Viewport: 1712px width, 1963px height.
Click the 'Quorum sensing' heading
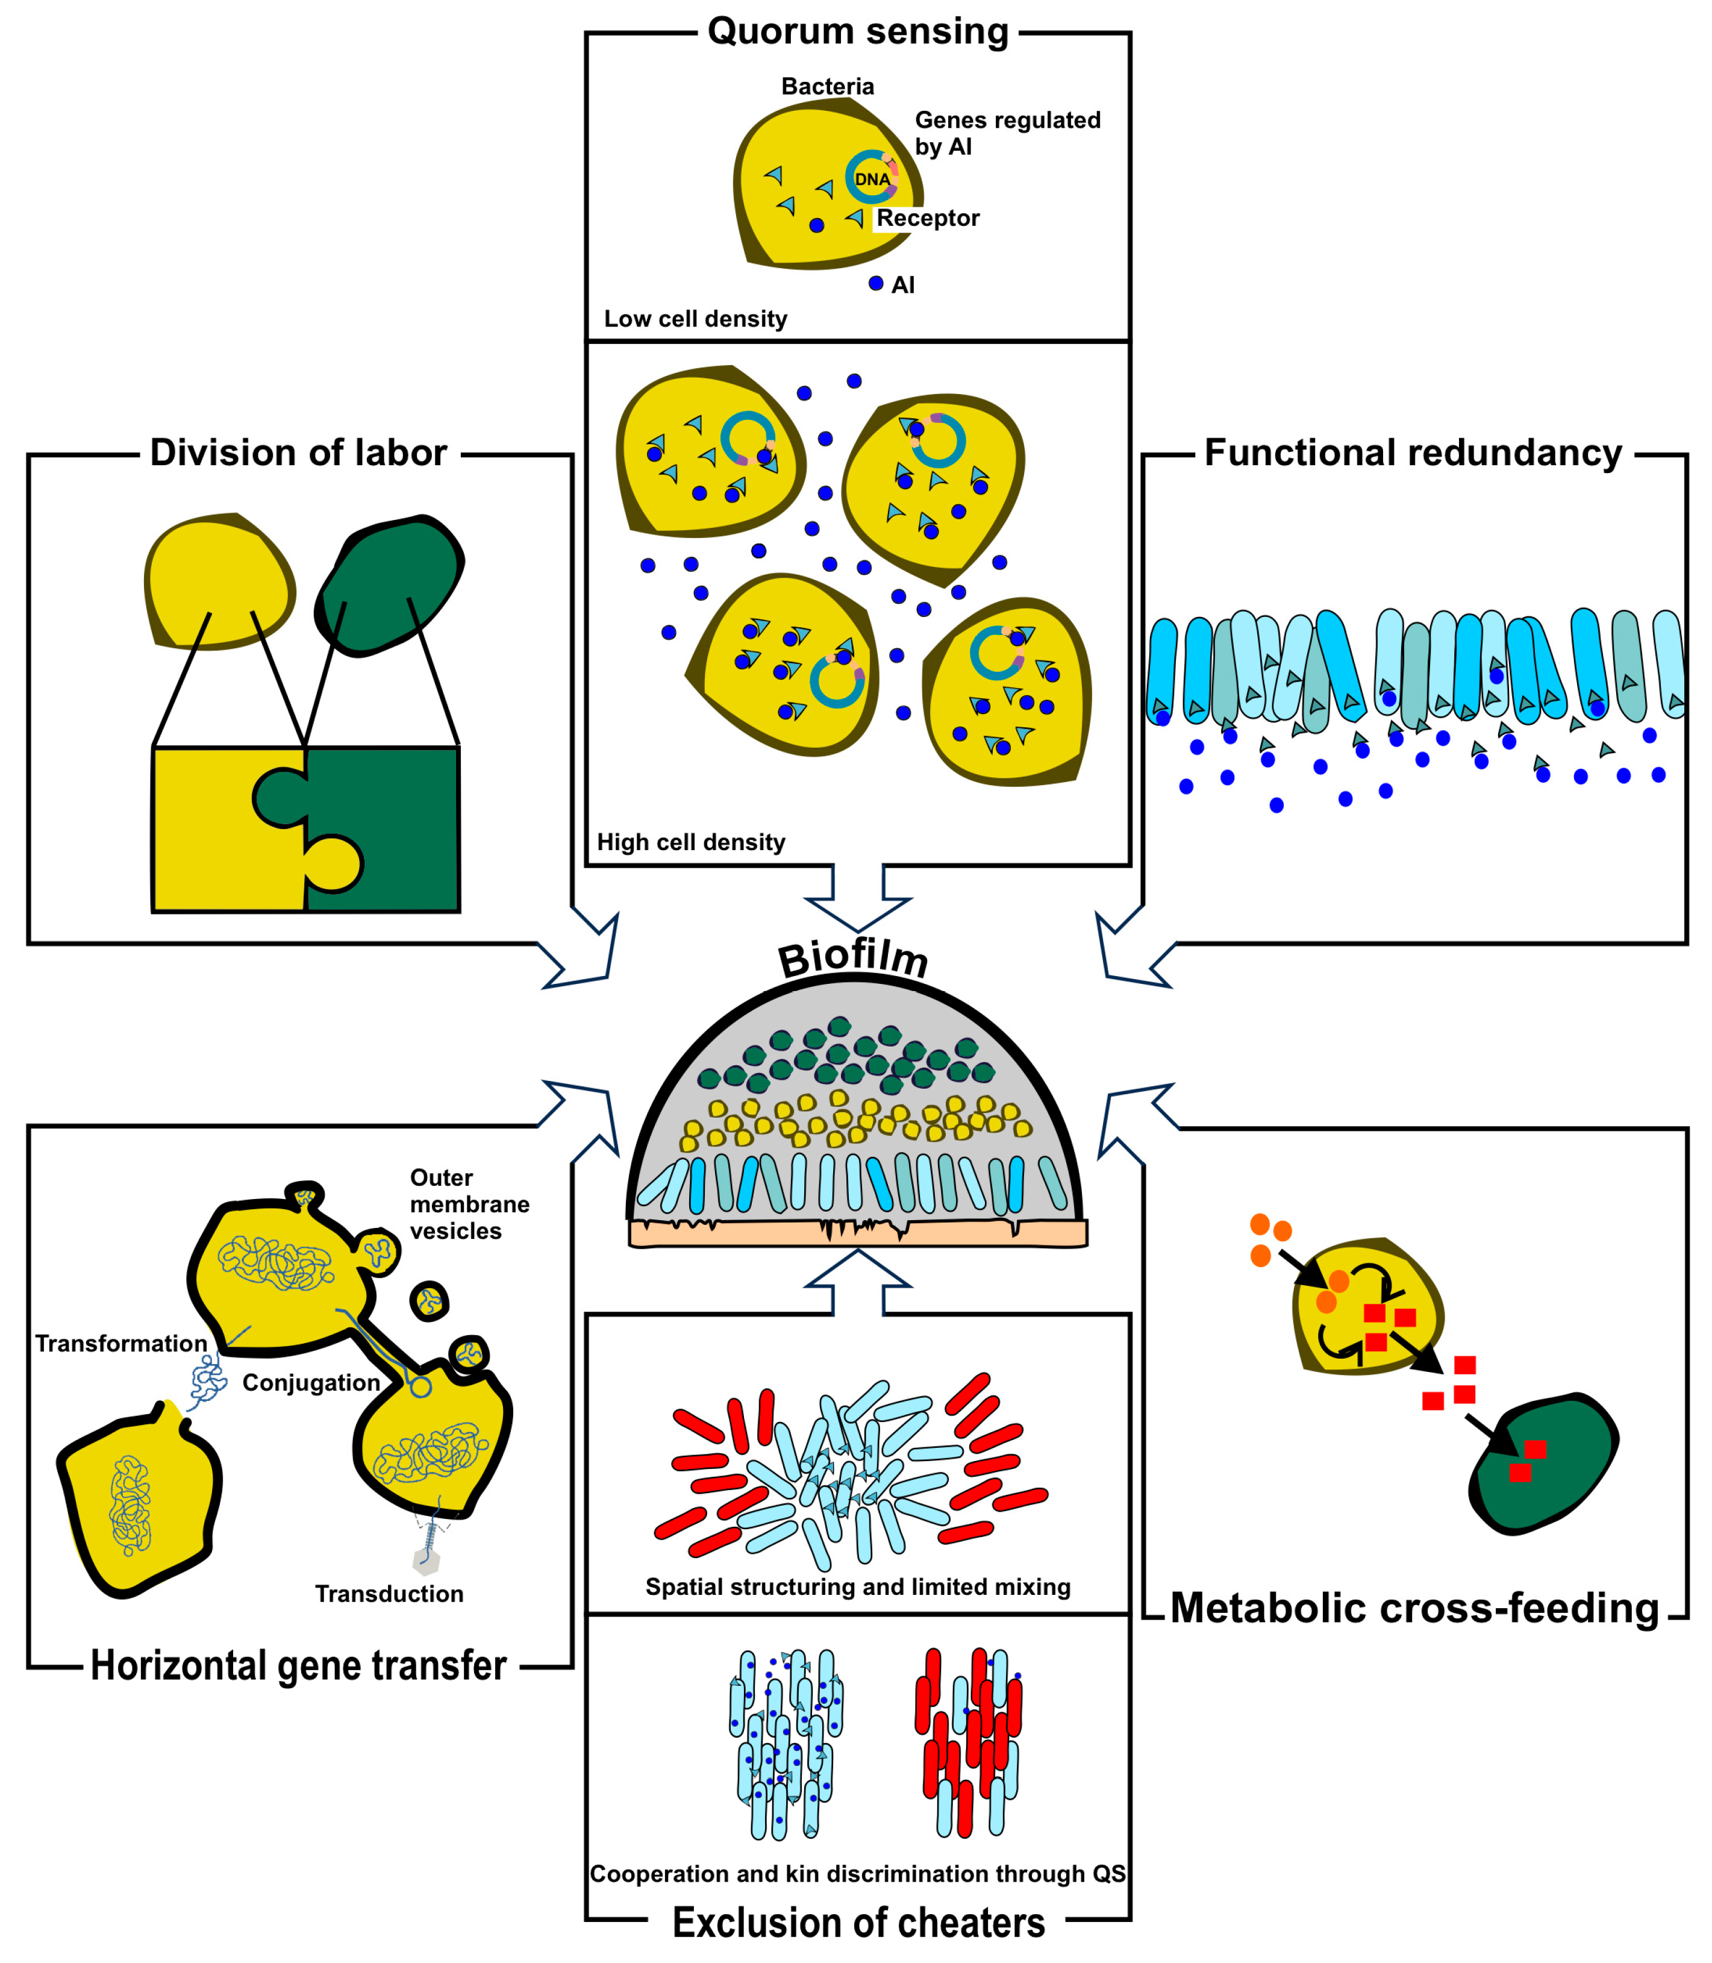858,31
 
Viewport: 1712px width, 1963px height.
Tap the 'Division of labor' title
298,453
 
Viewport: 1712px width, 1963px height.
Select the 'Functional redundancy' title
1413,453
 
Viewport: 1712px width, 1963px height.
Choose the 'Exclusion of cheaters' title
858,1922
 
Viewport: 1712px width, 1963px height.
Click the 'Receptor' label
928,219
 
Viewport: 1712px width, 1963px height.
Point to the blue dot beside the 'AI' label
876,284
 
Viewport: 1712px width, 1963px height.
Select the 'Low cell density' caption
696,319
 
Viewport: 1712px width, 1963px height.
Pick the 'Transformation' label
121,1344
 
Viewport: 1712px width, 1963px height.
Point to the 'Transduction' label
390,1594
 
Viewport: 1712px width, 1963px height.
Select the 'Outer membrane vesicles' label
469,1204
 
